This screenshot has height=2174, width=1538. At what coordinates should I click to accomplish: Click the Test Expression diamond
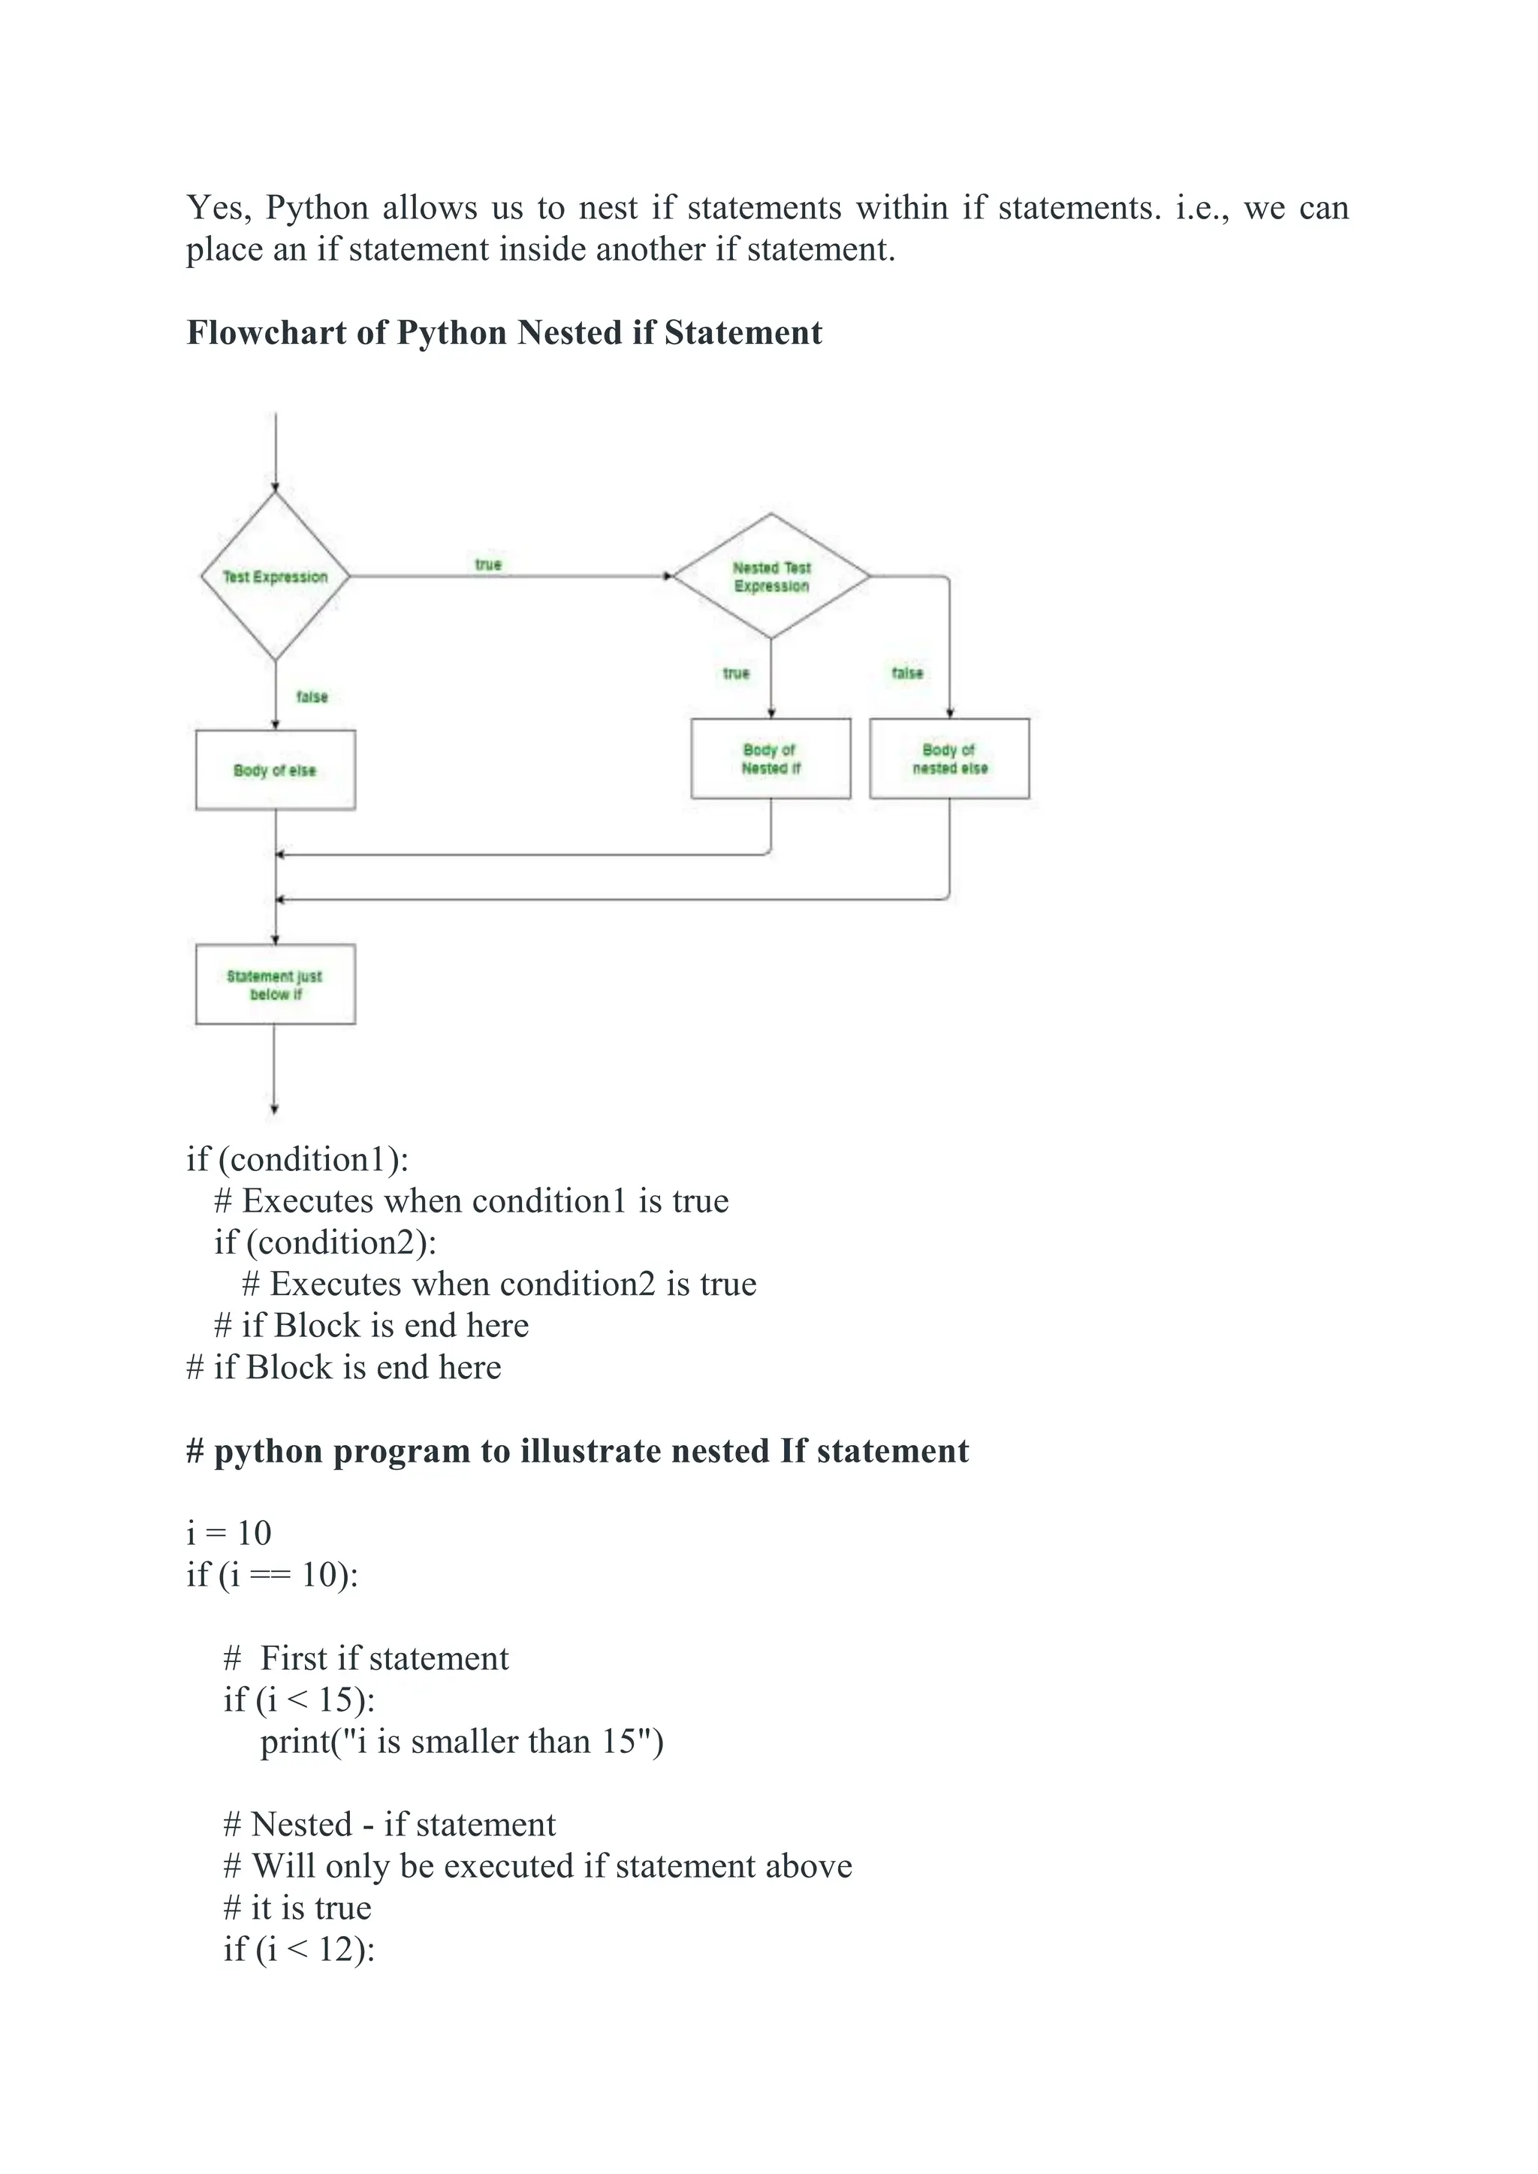tap(275, 577)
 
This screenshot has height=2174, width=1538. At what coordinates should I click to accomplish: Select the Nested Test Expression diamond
tap(771, 577)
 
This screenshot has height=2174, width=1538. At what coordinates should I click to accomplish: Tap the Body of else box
tap(275, 769)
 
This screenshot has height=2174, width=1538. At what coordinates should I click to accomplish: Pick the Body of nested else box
tap(949, 758)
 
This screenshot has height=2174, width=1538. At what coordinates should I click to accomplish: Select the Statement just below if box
tap(275, 984)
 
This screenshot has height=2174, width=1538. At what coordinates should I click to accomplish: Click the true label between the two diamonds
tap(487, 565)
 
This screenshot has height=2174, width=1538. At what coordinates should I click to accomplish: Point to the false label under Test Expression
tap(312, 697)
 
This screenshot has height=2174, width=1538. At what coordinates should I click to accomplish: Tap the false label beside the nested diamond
tap(906, 673)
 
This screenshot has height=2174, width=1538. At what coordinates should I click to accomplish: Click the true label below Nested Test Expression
tap(736, 673)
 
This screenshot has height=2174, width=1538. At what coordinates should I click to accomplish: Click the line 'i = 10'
tap(228, 1533)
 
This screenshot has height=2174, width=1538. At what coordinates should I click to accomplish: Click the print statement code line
tap(461, 1742)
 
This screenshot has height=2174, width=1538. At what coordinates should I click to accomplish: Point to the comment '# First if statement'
tap(366, 1658)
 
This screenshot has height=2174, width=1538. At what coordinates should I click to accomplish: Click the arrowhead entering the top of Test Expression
tap(275, 488)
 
